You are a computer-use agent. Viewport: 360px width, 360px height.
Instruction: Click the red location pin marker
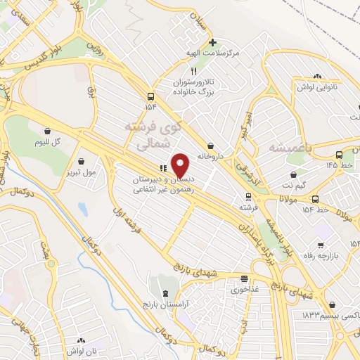[181, 165]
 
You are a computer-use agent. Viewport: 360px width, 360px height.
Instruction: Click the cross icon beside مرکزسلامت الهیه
[212, 43]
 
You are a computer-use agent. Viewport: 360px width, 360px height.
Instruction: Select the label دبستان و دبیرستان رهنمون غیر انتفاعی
[166, 184]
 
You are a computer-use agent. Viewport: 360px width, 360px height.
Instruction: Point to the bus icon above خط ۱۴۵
[339, 155]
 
